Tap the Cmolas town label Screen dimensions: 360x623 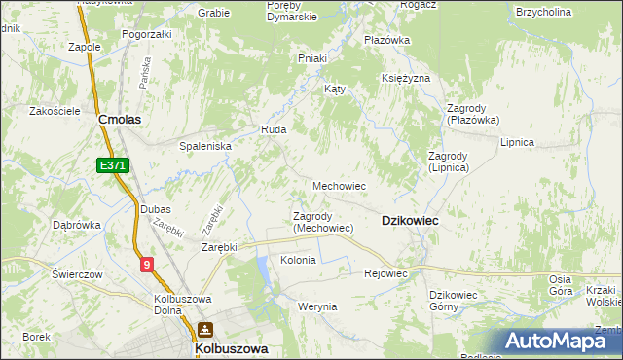(x=121, y=119)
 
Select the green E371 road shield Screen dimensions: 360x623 (x=113, y=167)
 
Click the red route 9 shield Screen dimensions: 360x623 (x=146, y=263)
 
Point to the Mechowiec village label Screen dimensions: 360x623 (x=339, y=185)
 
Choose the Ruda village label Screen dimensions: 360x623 (x=272, y=128)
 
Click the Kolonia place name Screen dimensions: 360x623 (x=298, y=260)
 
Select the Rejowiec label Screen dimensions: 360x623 (x=385, y=273)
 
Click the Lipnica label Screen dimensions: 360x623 (x=517, y=142)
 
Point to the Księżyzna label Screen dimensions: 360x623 (x=406, y=77)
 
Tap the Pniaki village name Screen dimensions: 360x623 (x=311, y=58)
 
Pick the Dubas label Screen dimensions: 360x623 (x=155, y=209)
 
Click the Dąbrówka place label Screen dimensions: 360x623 (x=76, y=225)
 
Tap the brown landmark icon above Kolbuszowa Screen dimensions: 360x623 (x=204, y=330)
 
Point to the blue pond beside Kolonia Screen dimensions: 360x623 (x=264, y=272)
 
